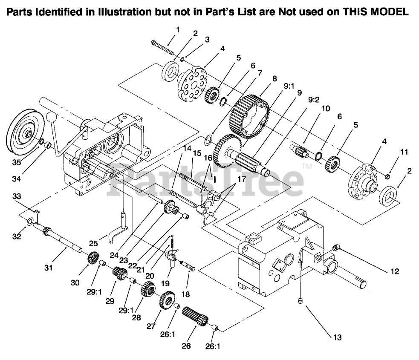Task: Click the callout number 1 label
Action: pos(177,29)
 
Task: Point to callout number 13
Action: pos(337,337)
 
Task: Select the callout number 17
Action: pos(241,179)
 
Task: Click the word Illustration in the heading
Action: pos(130,12)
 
